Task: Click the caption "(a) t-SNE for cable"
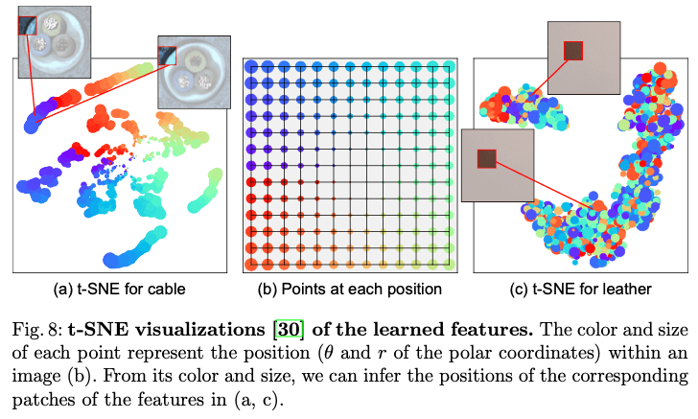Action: point(118,289)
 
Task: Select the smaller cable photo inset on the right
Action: point(195,74)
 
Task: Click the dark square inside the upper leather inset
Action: point(573,50)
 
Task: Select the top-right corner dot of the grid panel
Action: point(451,66)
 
